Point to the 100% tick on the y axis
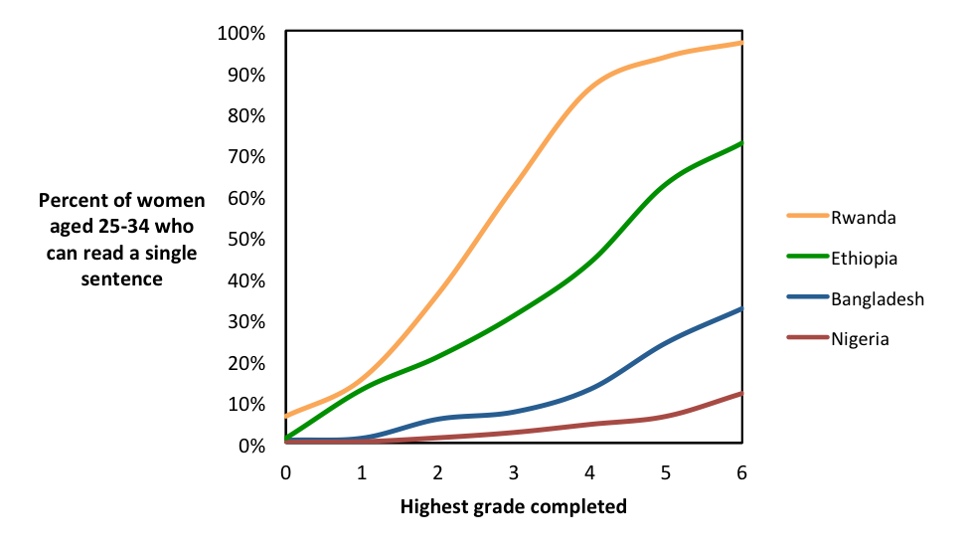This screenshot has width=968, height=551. (242, 34)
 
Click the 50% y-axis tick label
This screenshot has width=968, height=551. (245, 240)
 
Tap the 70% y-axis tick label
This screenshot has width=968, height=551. (245, 157)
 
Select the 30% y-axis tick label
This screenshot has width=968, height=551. (245, 322)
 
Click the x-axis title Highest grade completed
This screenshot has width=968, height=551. (514, 507)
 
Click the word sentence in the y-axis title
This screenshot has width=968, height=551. (123, 279)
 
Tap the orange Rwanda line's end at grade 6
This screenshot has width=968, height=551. (741, 43)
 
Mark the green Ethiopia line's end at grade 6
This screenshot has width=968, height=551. (741, 143)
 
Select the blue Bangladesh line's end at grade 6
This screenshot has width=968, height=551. (741, 309)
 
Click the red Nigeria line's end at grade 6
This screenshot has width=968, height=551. (741, 394)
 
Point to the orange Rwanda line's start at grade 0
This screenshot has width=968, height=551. (286, 416)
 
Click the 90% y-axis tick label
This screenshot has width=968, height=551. (245, 75)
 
